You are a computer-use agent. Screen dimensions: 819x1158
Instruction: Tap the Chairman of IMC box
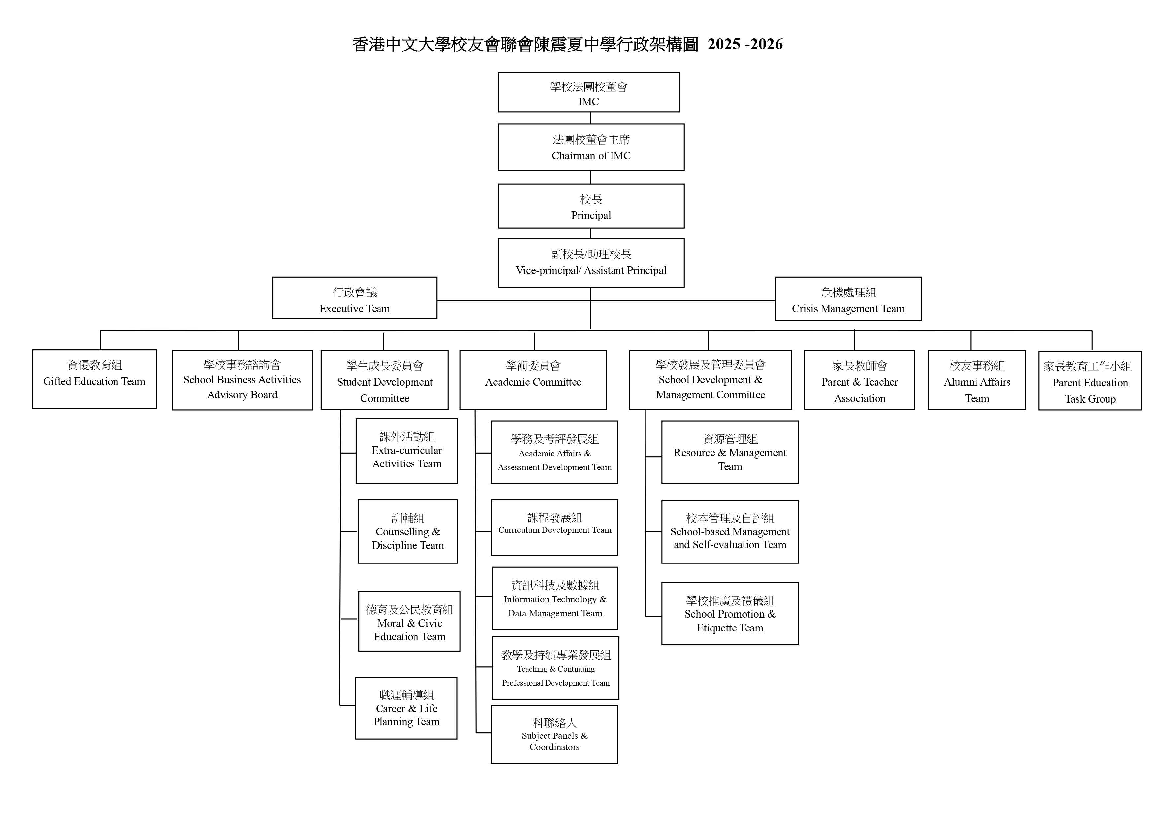[591, 147]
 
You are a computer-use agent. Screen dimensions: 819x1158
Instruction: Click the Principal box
[591, 206]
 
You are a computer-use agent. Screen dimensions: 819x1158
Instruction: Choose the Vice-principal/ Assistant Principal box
[591, 263]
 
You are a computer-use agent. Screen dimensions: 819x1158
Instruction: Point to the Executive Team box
[354, 298]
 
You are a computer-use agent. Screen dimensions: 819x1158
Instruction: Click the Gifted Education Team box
[94, 379]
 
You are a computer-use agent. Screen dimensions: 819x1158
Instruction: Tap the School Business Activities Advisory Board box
[242, 380]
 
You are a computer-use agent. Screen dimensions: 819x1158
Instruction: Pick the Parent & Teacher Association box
[859, 380]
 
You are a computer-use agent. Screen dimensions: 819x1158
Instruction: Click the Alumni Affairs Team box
[976, 380]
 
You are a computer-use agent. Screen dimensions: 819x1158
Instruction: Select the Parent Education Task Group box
[1090, 381]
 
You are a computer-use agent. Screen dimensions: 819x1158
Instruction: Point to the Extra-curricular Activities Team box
[407, 451]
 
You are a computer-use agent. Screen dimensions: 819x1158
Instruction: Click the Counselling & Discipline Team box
[408, 532]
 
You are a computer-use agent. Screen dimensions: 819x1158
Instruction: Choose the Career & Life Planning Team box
[407, 708]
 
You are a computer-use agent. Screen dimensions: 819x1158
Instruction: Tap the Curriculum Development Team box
[554, 527]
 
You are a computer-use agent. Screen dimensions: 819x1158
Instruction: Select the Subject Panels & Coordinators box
[554, 734]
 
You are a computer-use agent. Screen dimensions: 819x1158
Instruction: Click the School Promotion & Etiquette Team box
[730, 614]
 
